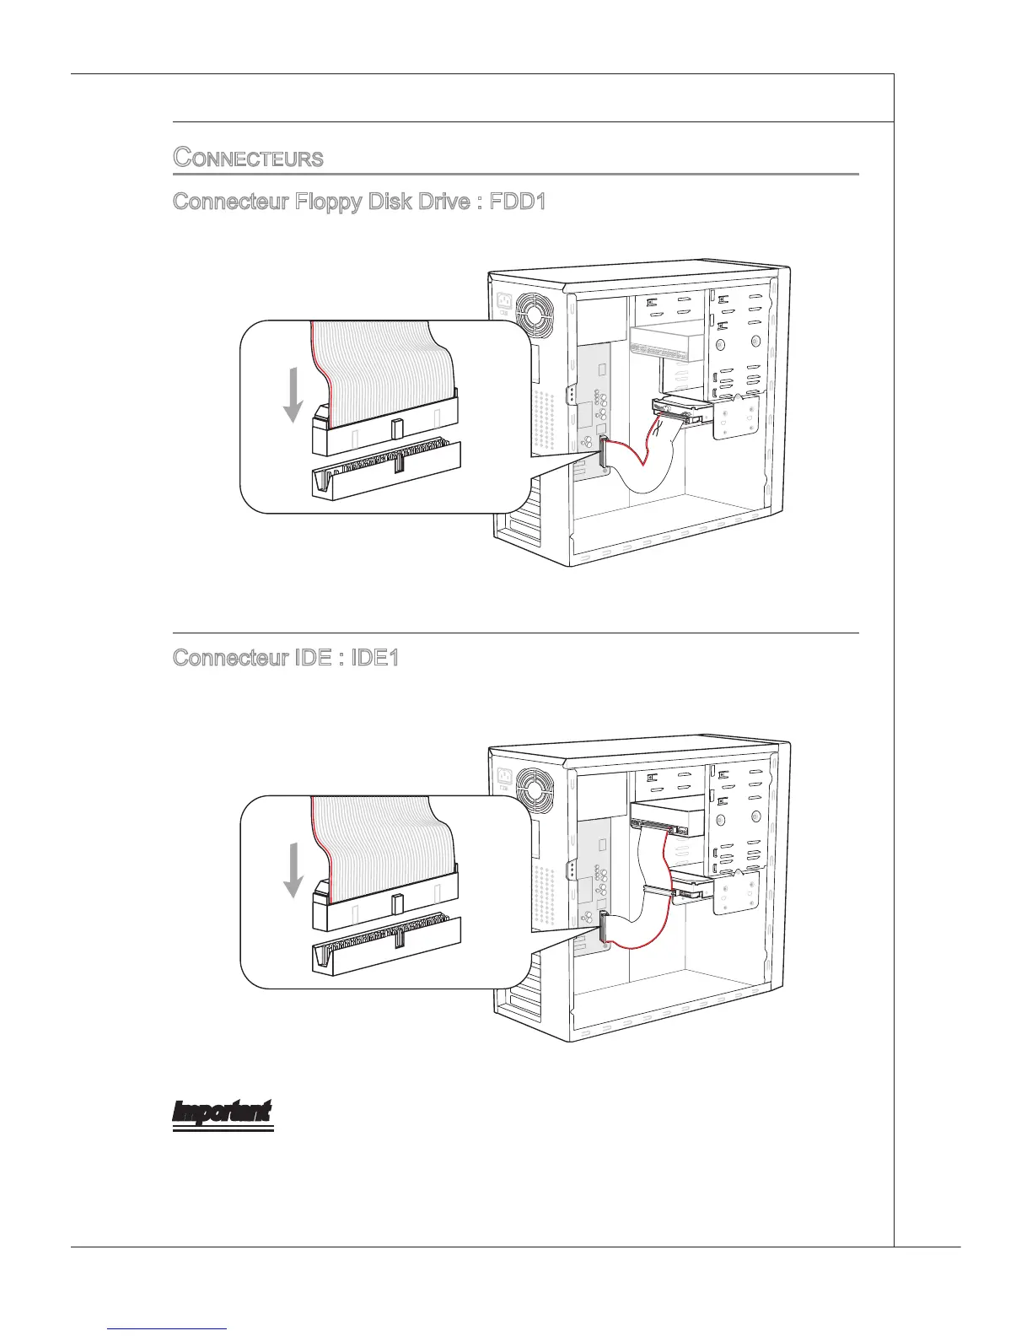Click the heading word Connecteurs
coord(248,158)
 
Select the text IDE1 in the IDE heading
coord(374,657)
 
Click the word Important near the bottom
coord(223,1112)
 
